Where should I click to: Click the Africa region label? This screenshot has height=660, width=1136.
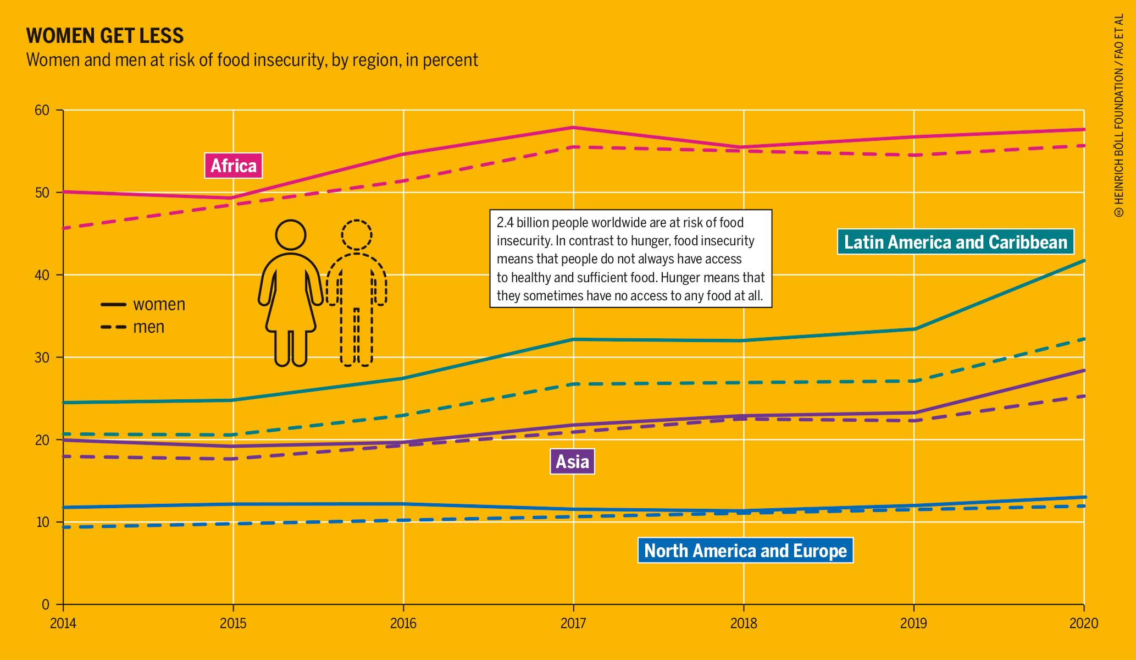coord(234,166)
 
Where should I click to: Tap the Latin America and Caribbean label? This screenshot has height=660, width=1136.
coord(955,242)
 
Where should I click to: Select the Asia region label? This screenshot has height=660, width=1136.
coord(572,461)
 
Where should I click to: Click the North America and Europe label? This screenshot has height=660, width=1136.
coord(745,551)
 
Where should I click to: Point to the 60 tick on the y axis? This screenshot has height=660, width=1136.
coord(42,110)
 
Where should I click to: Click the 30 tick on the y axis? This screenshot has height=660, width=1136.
coord(42,358)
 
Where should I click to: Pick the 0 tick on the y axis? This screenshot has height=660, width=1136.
coord(46,604)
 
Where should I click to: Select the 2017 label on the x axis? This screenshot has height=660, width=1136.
coord(573,623)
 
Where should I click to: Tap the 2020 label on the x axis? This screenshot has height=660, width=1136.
coord(1083,623)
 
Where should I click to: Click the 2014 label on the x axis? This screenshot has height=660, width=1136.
coord(63,623)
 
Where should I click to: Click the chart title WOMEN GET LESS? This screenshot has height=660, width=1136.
coord(105,36)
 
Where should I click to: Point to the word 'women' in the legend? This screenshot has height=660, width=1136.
coord(159,304)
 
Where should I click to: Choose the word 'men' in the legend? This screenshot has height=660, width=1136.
coord(148,327)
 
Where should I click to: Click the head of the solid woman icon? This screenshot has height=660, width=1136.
coord(290,235)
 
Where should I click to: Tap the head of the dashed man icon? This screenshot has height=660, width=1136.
coord(357,235)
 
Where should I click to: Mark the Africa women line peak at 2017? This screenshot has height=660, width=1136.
coord(573,128)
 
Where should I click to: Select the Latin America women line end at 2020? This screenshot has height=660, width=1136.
coord(1083,261)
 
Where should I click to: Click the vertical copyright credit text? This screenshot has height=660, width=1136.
coord(1119,116)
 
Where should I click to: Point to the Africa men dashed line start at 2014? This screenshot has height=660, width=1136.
coord(64,228)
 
